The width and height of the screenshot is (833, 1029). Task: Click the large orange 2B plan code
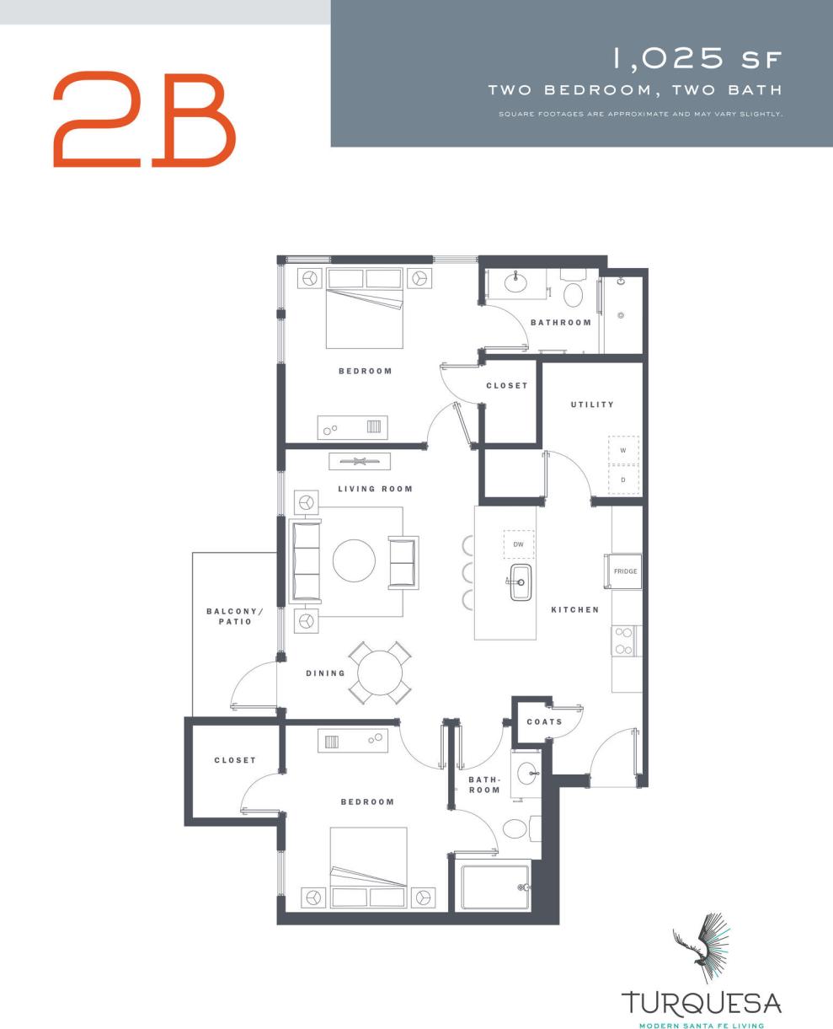144,119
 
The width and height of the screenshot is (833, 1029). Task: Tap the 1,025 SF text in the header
697,59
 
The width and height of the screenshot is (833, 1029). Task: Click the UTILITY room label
592,405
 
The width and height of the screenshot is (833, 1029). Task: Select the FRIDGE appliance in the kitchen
625,571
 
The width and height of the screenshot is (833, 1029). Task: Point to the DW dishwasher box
519,544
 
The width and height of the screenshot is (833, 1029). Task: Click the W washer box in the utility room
623,451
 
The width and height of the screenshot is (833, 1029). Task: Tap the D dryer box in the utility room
623,480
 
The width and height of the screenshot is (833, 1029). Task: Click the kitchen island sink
521,582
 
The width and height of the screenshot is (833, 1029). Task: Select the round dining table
381,673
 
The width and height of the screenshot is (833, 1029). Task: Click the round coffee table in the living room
354,560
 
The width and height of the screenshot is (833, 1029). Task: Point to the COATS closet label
544,722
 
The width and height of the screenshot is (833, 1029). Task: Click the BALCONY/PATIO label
230,616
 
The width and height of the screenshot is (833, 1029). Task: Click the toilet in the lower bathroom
515,828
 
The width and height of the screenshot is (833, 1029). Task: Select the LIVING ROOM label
376,489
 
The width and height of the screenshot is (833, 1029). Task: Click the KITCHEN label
575,609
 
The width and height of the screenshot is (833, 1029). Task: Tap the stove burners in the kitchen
624,640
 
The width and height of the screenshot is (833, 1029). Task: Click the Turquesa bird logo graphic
701,948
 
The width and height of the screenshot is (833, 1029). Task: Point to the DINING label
326,673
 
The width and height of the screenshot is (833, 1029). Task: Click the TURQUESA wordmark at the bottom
702,1004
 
